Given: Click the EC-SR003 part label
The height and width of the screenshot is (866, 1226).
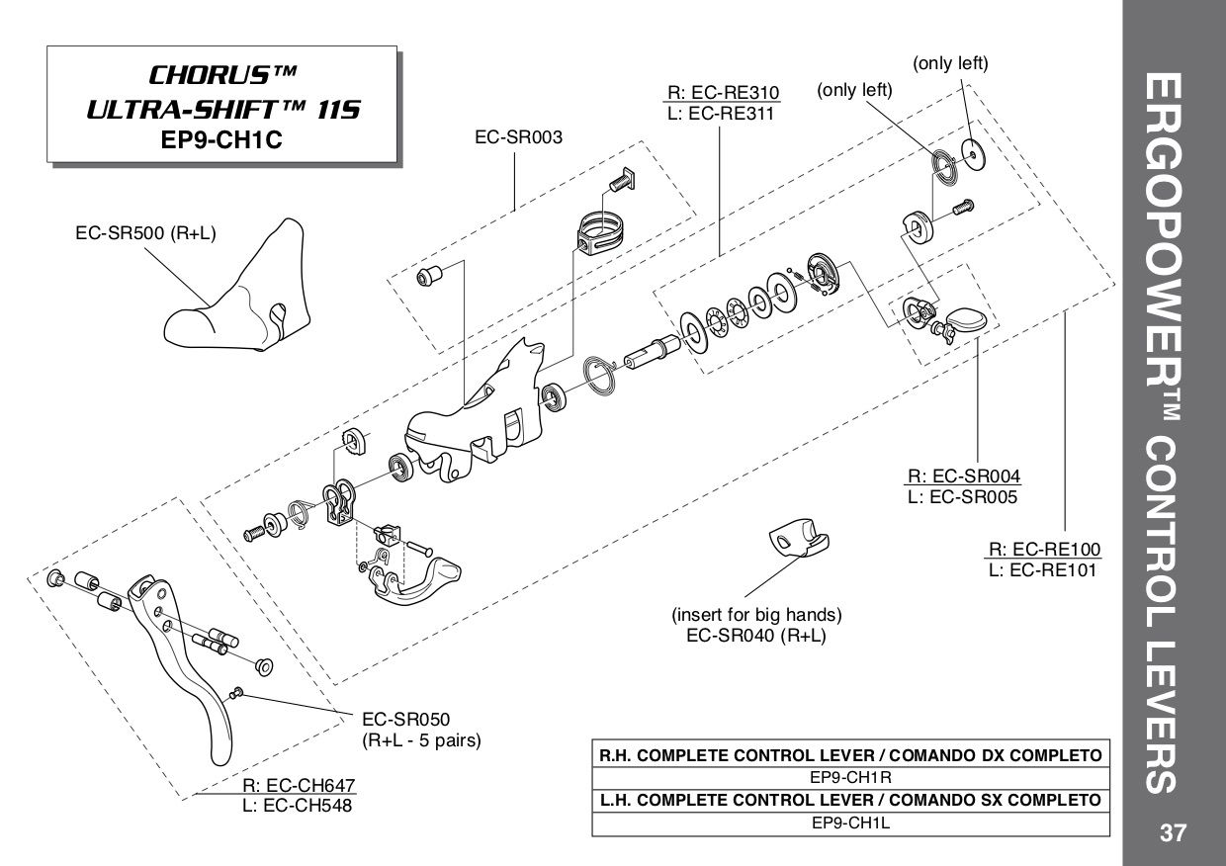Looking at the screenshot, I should (519, 137).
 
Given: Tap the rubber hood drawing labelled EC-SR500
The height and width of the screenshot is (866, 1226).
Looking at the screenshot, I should (237, 298).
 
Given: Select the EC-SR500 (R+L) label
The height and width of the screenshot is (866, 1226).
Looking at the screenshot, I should (145, 233).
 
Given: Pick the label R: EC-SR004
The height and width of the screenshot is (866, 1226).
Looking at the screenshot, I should (963, 476).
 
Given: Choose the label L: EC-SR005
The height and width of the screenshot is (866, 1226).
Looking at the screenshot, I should (963, 496).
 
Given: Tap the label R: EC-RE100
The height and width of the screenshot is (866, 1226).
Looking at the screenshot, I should (1044, 550).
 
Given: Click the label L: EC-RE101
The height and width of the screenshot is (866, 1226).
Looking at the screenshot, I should (1044, 569).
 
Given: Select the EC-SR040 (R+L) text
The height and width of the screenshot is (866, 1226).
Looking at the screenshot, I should (756, 636).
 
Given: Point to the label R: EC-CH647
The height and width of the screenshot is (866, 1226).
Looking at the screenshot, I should (298, 786).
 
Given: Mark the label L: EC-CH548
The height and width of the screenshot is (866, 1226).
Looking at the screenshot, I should (298, 806).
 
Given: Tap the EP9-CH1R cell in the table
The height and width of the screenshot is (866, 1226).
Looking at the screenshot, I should (850, 777).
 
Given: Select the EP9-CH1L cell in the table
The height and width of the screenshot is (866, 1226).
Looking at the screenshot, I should (850, 821).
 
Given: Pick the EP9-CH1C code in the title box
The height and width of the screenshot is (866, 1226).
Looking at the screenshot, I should (222, 139).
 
